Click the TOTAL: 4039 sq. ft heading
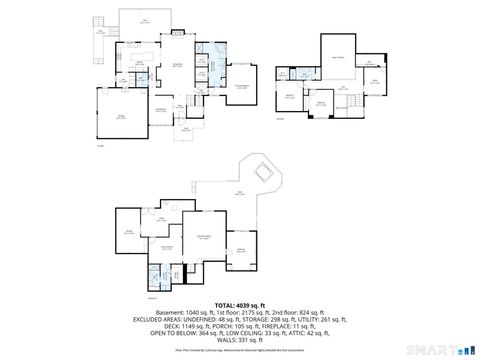click(239, 304)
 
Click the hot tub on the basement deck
click(265, 170)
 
